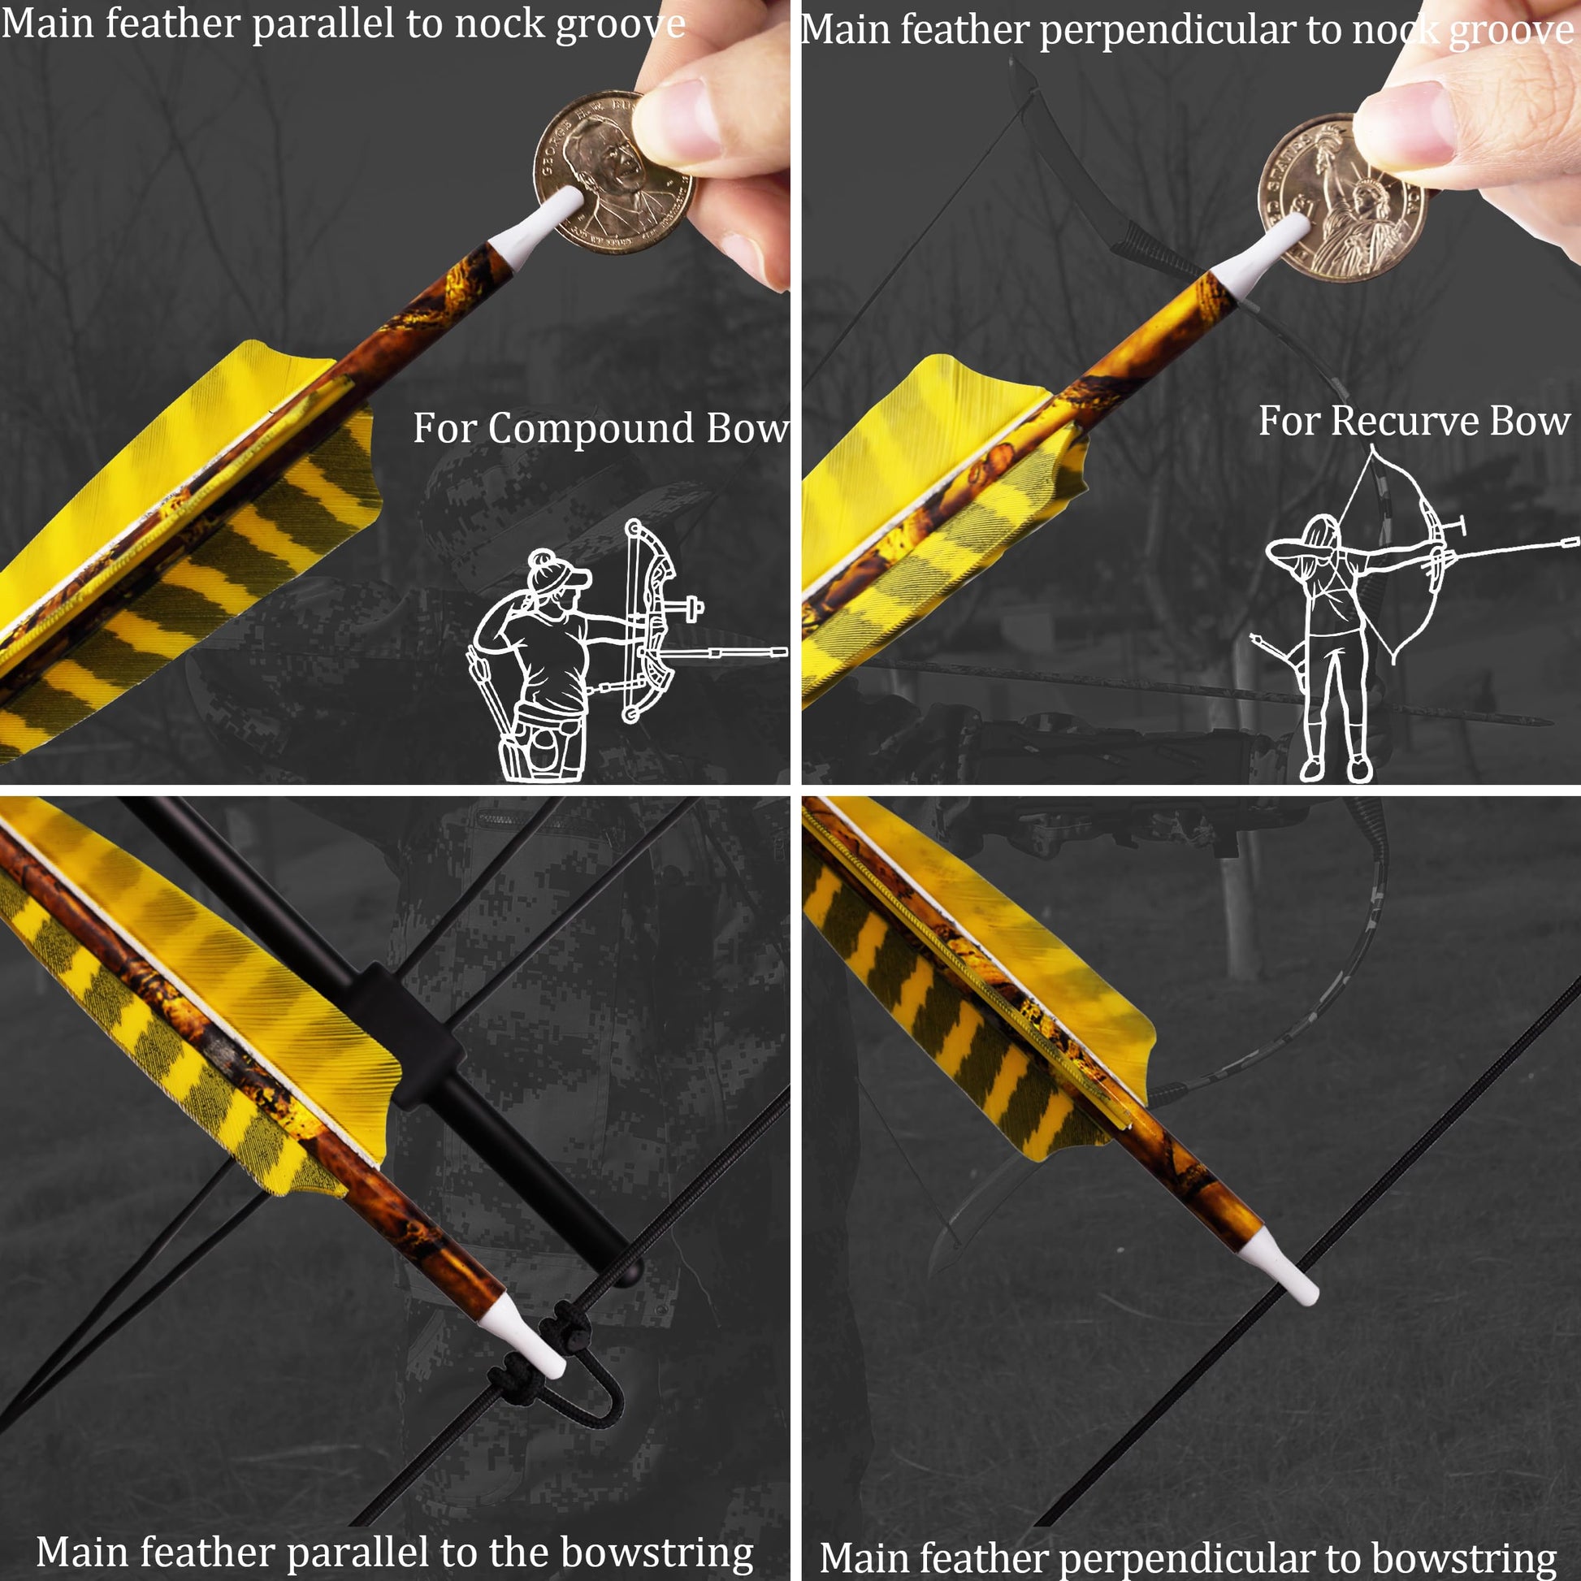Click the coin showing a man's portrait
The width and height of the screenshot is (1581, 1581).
pos(613,172)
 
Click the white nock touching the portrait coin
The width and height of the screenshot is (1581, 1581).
pos(536,228)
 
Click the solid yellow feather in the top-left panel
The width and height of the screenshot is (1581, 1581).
pos(155,458)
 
